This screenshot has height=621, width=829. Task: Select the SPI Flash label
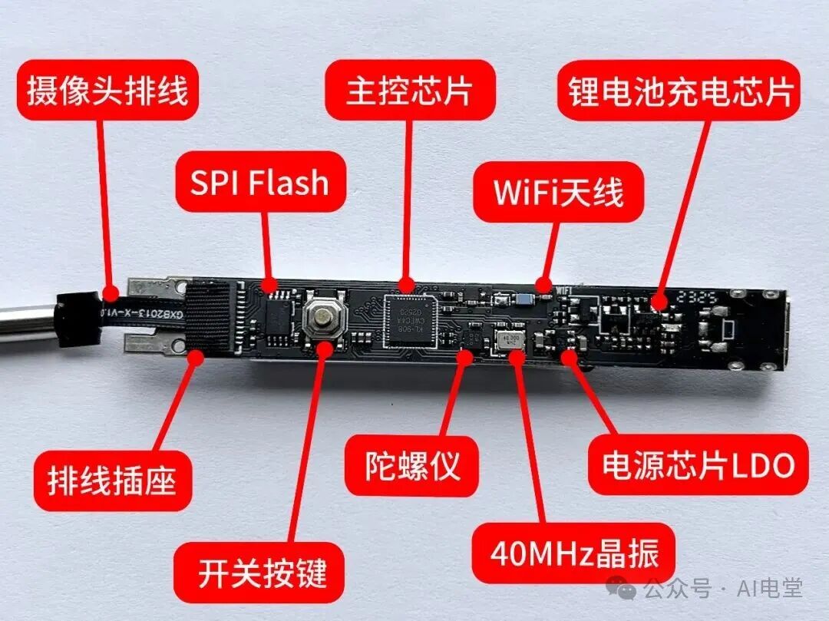point(259,183)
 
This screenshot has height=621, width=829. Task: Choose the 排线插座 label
point(112,481)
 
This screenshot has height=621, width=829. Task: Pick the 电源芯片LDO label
point(698,465)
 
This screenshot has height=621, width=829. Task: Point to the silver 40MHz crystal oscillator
point(510,341)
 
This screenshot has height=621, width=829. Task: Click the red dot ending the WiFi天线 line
point(543,282)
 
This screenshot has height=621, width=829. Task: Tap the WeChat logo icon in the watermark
point(623,589)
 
